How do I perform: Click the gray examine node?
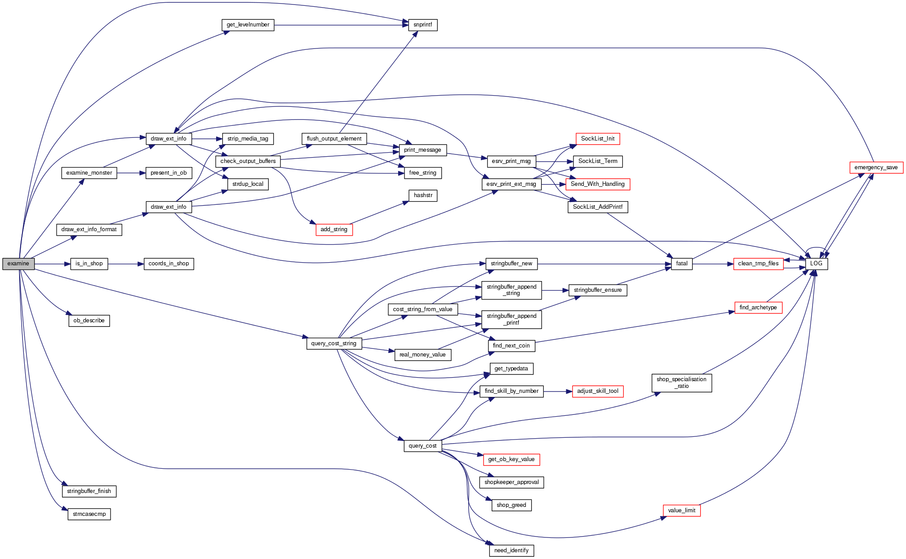coord(18,264)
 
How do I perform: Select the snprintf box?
coord(422,25)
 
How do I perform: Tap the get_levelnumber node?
coord(248,25)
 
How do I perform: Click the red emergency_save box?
coord(876,168)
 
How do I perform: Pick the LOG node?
coord(816,264)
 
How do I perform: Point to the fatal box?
coord(681,264)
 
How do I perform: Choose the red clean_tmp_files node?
coord(758,264)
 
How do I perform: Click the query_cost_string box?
coord(333,344)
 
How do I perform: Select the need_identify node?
coord(511,551)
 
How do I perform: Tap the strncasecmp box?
coord(89,515)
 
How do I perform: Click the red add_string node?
coord(334,230)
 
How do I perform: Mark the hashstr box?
coord(423,196)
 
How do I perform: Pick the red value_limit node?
coord(681,511)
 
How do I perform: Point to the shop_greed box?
coord(511,506)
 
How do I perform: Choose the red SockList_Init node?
coord(598,139)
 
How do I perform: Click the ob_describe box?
coord(89,321)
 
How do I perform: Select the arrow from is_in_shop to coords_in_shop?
coord(126,264)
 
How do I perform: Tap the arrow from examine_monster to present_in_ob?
coord(131,173)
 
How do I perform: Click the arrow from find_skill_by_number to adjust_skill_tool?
coord(558,392)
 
